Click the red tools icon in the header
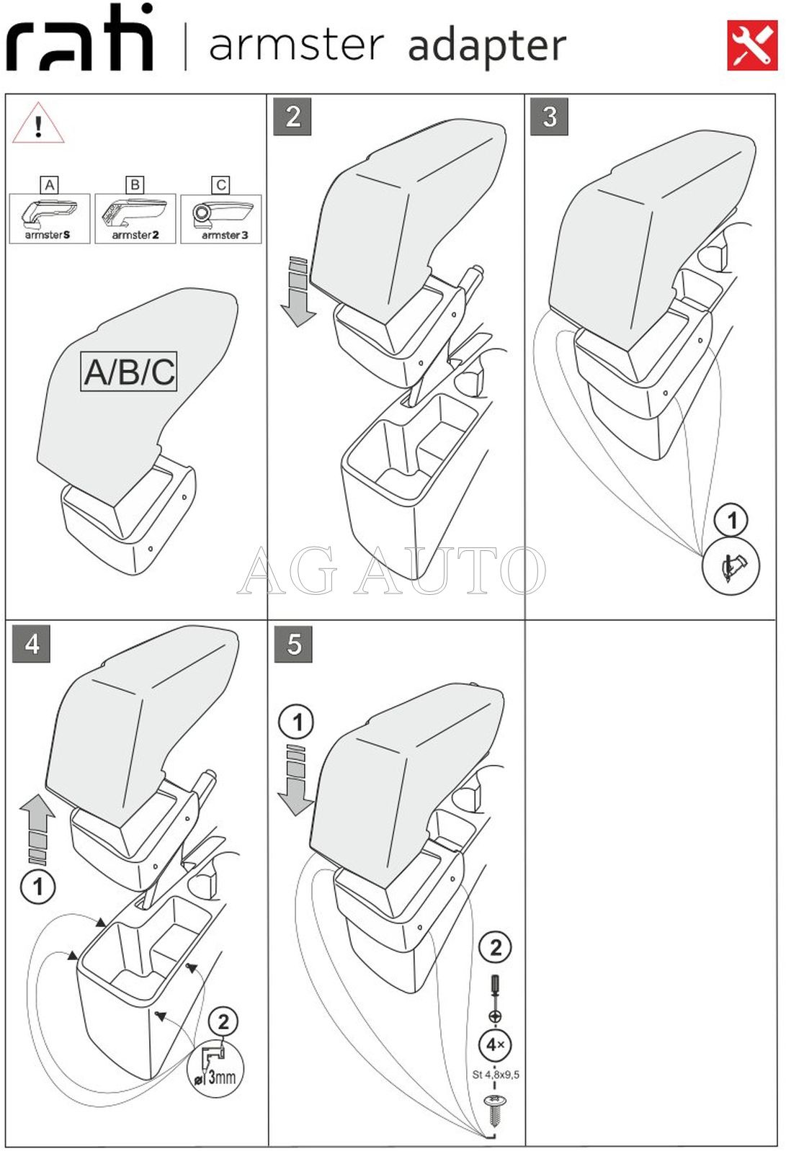coord(751,45)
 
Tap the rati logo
coord(80,39)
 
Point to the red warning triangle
coord(38,125)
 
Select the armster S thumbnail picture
coord(49,218)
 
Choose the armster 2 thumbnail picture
coord(135,218)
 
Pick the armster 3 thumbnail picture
coord(221,218)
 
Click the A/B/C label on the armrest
coord(129,372)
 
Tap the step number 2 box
coord(292,117)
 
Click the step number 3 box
coord(549,117)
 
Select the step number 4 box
coord(32,644)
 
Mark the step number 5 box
coord(293,644)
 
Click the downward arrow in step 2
coord(298,292)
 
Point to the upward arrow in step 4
coord(37,828)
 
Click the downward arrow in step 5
coord(295,781)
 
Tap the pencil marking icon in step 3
coord(731,566)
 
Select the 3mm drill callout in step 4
coord(216,1069)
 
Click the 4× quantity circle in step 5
coord(495,1044)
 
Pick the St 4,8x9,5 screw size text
coord(496,1075)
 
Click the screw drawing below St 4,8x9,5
coord(495,1110)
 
